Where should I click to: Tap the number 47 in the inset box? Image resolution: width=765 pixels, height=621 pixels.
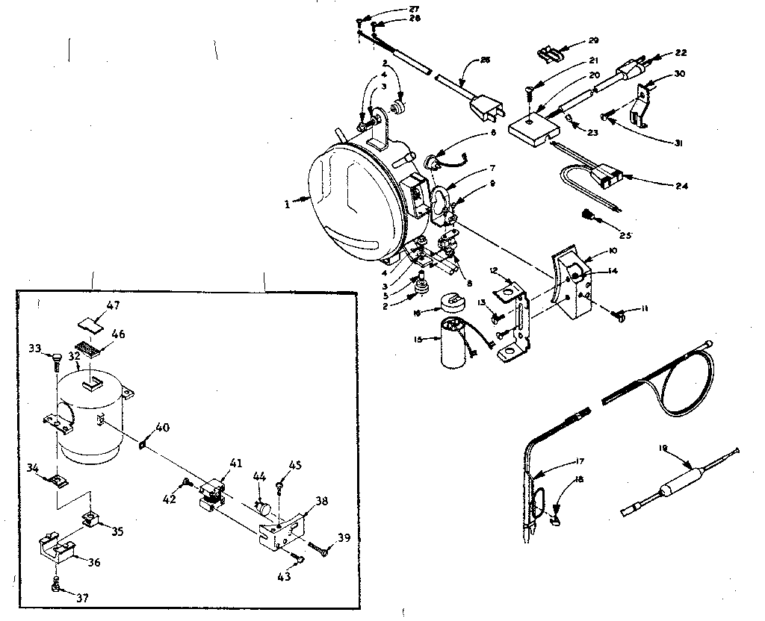[112, 305]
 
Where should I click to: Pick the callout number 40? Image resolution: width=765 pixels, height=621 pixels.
[162, 428]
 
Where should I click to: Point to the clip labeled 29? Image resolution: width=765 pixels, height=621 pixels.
[550, 53]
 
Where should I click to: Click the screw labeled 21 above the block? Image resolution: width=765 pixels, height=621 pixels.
[527, 93]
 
